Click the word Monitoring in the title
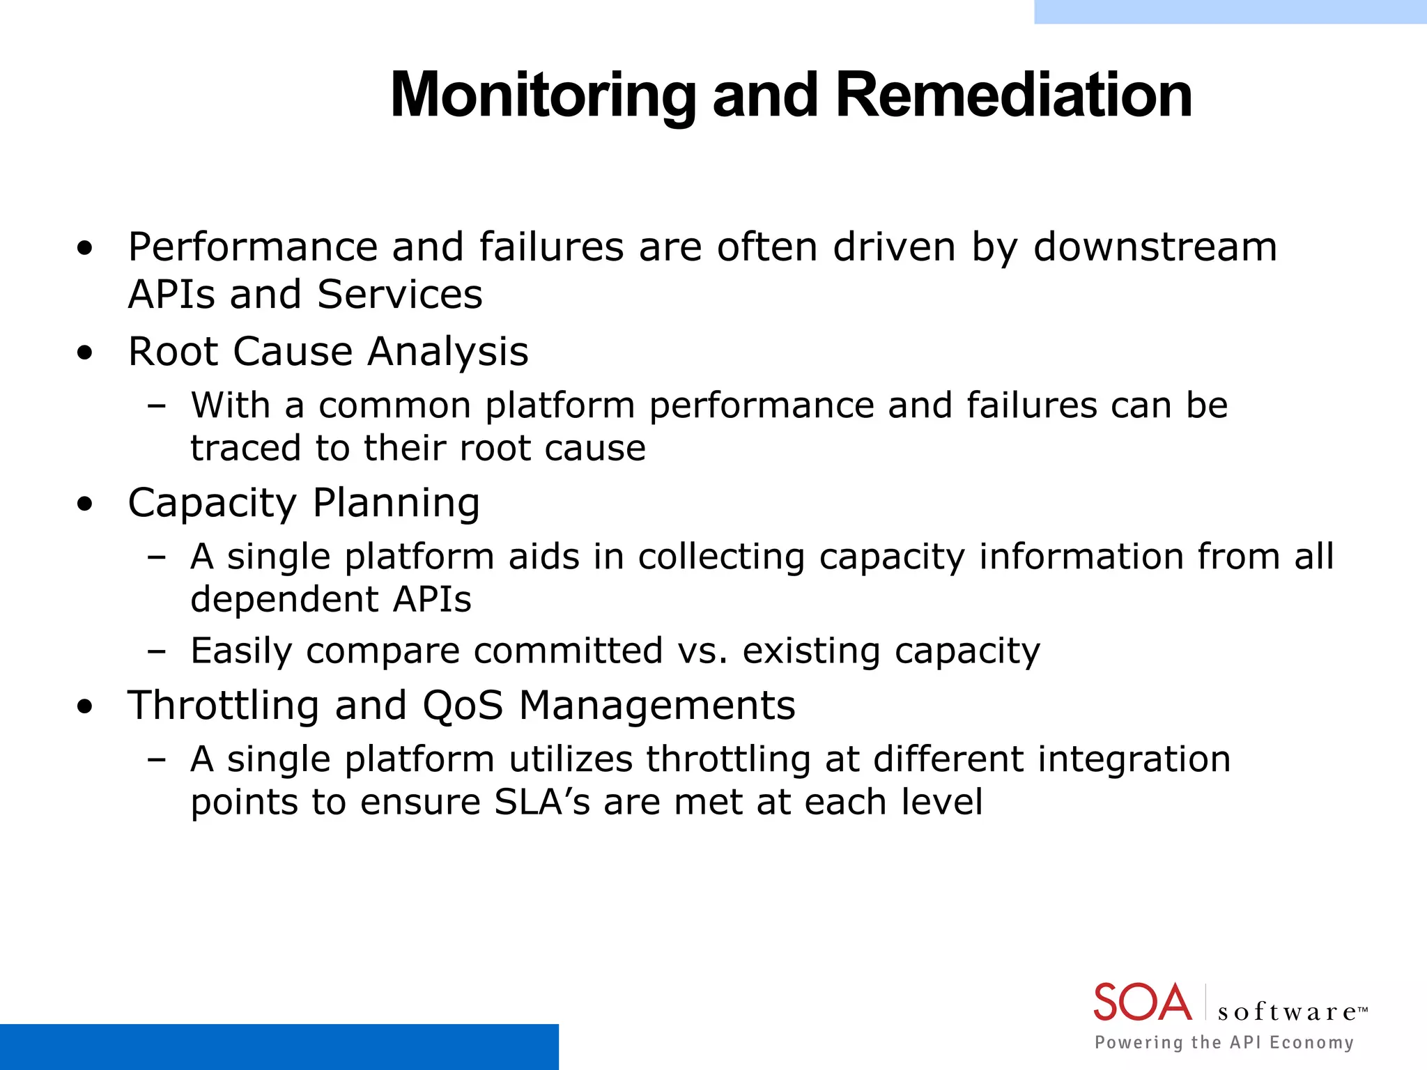(x=543, y=96)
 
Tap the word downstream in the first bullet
(x=1155, y=247)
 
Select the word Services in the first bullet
(x=399, y=295)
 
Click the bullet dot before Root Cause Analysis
(x=85, y=353)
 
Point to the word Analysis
(x=448, y=352)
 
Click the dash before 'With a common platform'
(x=157, y=406)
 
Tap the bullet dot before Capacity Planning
(x=85, y=504)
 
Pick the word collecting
(x=721, y=557)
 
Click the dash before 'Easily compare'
(x=157, y=652)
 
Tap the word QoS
(x=463, y=706)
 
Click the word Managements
(x=657, y=706)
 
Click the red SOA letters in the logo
(x=1143, y=1003)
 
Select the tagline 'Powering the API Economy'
(x=1224, y=1043)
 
